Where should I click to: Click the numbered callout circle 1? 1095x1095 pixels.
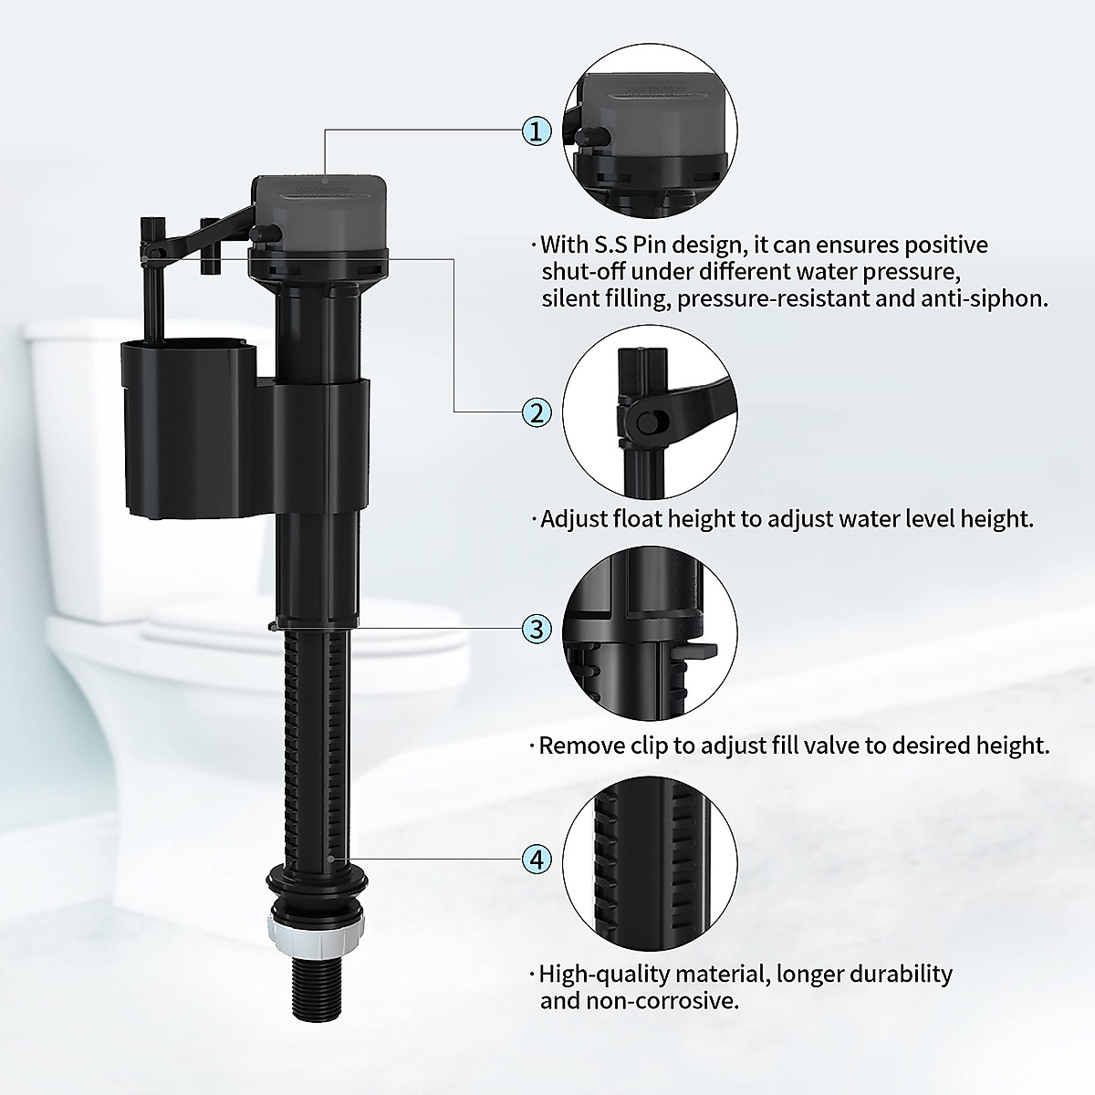537,130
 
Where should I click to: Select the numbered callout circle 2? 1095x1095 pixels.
537,412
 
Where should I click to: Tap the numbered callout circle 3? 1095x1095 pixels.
537,629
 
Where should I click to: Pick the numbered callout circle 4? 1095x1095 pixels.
537,859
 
